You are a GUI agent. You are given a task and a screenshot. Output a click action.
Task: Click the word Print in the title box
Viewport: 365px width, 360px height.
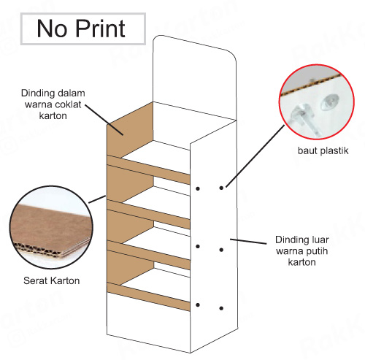101,28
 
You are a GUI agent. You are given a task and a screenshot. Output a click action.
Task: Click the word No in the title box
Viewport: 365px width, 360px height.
52,28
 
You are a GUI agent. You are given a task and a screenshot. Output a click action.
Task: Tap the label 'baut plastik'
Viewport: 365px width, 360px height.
323,150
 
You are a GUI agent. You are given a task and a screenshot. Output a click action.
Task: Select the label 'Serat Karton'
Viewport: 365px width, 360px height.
52,280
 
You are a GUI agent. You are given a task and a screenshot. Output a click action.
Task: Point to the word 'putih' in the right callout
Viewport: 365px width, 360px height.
315,251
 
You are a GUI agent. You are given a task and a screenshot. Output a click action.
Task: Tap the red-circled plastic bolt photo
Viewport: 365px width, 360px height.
317,102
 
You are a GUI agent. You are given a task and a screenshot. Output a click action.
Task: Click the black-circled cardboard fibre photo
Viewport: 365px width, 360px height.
51,227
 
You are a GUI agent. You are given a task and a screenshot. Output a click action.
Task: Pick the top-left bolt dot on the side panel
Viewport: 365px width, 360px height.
198,188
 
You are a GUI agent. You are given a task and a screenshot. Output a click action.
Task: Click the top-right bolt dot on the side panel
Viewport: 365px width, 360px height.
221,188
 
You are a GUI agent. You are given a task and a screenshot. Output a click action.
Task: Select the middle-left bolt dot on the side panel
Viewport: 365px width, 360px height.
198,247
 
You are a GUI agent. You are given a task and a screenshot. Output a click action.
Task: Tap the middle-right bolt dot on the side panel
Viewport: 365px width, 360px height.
221,250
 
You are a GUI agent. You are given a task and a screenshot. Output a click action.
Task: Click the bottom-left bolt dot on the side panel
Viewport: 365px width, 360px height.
198,305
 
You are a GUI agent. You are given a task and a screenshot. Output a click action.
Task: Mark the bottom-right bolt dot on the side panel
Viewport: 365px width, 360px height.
221,308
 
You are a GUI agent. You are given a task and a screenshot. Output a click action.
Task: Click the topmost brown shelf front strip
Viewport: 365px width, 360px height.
148,169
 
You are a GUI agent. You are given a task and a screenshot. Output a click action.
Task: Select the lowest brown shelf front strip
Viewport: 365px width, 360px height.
148,296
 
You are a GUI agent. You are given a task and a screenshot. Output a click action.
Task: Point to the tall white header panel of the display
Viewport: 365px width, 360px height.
194,78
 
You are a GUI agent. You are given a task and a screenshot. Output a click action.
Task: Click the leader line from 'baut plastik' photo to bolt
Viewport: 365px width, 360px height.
255,156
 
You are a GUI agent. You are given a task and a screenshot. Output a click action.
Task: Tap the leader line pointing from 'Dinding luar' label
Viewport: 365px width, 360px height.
248,242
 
